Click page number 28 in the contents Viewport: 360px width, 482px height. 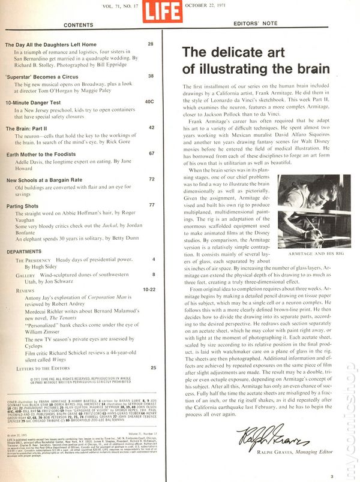[151, 44]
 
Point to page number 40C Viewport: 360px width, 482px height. [150, 102]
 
